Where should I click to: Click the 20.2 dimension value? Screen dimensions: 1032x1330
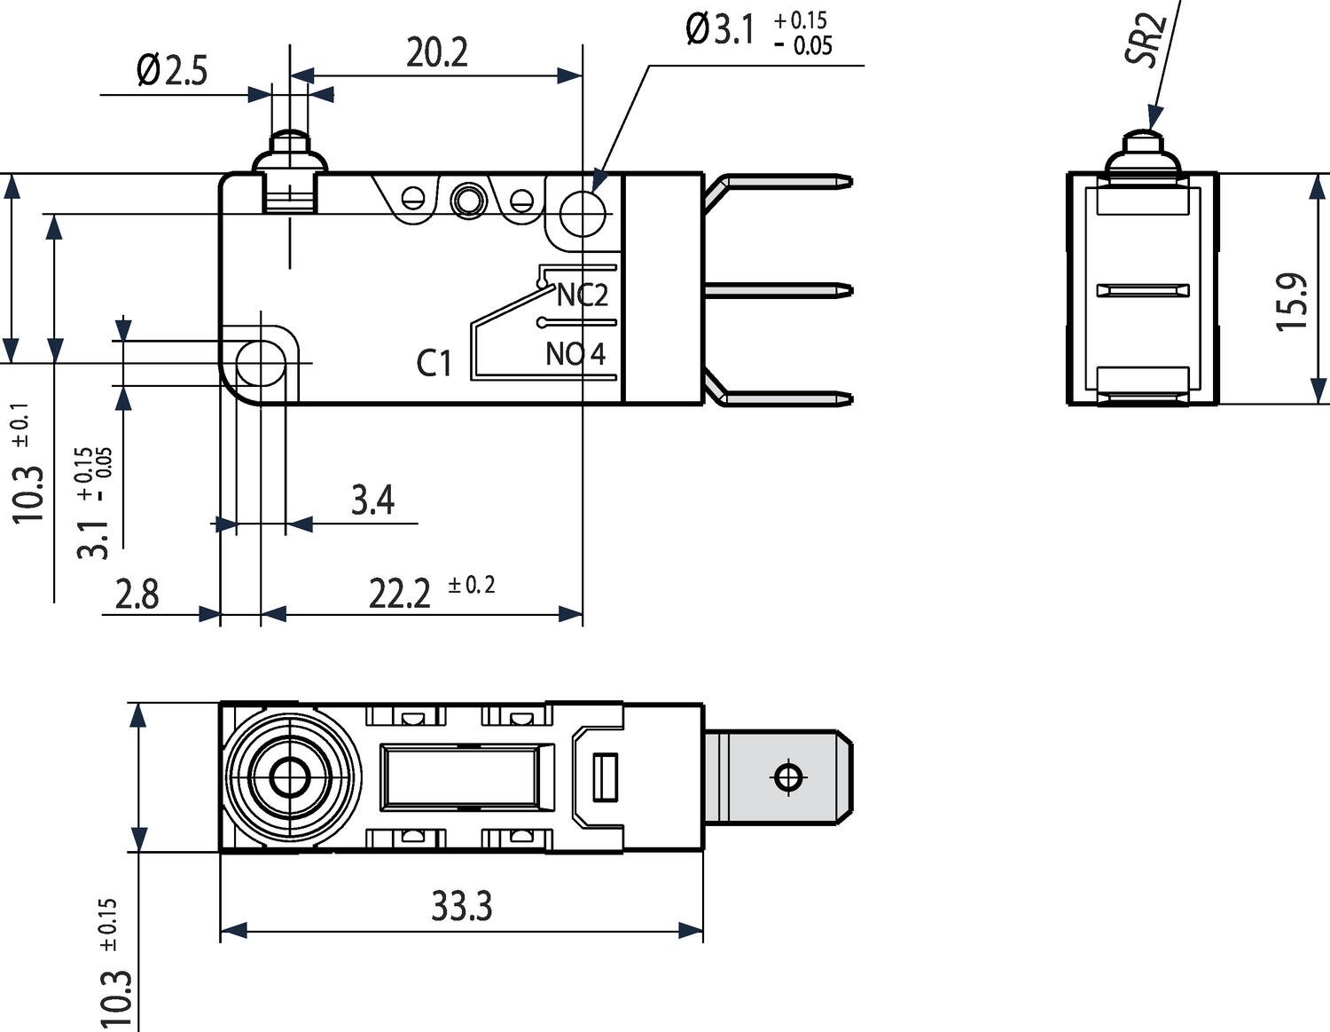(436, 53)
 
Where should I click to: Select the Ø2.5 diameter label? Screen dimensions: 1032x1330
(172, 70)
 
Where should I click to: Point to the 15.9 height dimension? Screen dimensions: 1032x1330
(1292, 302)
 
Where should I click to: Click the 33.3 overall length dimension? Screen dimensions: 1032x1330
(461, 906)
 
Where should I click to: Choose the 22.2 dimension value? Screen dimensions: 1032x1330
(400, 594)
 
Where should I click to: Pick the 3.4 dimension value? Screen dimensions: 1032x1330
(372, 500)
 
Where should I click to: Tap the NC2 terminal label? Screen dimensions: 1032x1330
(583, 295)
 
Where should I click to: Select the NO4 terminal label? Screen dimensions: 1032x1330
(575, 354)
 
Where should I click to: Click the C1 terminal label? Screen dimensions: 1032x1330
(434, 363)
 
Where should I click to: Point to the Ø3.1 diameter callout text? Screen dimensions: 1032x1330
(720, 30)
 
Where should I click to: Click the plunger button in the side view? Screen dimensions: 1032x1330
(290, 151)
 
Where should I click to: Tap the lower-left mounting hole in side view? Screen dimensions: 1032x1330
(261, 363)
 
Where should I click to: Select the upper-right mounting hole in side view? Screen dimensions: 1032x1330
(583, 214)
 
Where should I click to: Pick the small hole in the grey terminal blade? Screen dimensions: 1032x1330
(788, 777)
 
